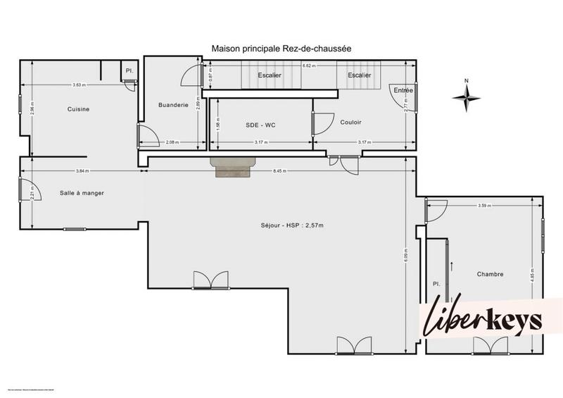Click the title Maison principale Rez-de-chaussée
point(281,49)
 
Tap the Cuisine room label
point(78,109)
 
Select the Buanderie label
point(172,105)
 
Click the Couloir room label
point(350,122)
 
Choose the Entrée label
point(403,90)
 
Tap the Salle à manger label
point(82,193)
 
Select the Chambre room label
point(490,274)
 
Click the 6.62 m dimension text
point(308,65)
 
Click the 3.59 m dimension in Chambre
point(483,206)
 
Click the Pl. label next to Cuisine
point(129,70)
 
